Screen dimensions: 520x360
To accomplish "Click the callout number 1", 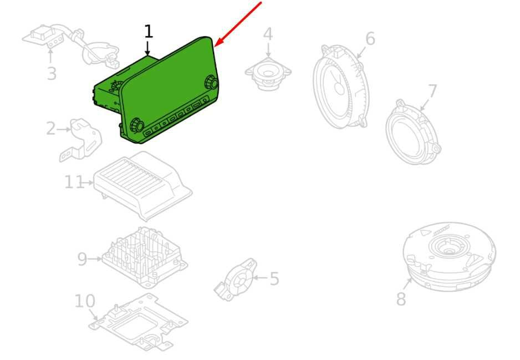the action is (x=149, y=32).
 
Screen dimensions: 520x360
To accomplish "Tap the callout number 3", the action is (x=52, y=73).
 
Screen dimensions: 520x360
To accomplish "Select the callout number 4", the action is (x=268, y=34).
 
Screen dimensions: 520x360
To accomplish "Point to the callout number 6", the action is (x=370, y=38).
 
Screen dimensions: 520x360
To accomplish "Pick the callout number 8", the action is (x=401, y=298).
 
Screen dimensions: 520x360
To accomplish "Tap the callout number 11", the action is (x=74, y=182).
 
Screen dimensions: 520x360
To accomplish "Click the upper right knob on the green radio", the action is (x=211, y=82).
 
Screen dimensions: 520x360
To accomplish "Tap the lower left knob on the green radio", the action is (x=136, y=125).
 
